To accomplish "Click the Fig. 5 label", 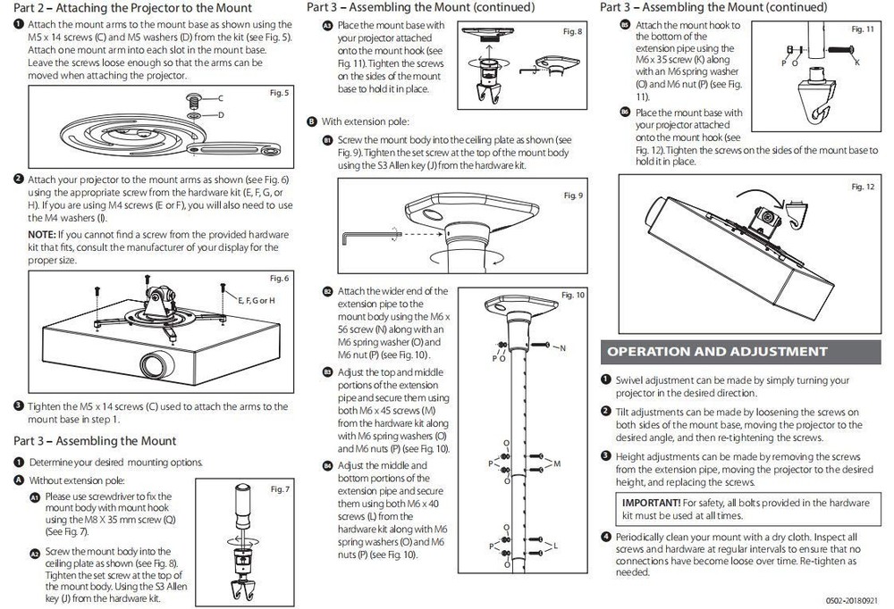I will [279, 93].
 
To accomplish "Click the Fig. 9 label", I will [573, 196].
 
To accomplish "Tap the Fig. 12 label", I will [863, 186].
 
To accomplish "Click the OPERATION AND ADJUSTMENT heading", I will [717, 351].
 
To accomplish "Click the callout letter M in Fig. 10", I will [557, 463].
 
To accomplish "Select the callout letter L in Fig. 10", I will [554, 546].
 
